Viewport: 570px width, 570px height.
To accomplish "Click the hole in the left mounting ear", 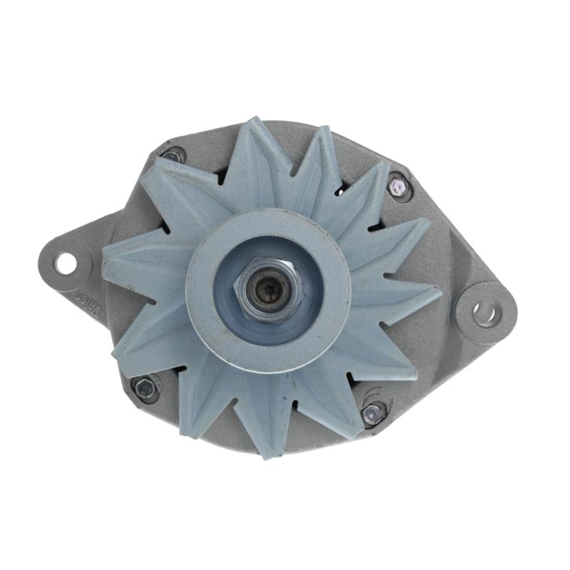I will click(x=66, y=264).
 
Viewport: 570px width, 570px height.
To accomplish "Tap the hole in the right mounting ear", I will click(x=487, y=312).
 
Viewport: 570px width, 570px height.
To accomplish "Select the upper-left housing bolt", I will click(x=173, y=155).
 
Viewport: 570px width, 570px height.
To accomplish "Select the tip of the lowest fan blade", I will click(x=265, y=454).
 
